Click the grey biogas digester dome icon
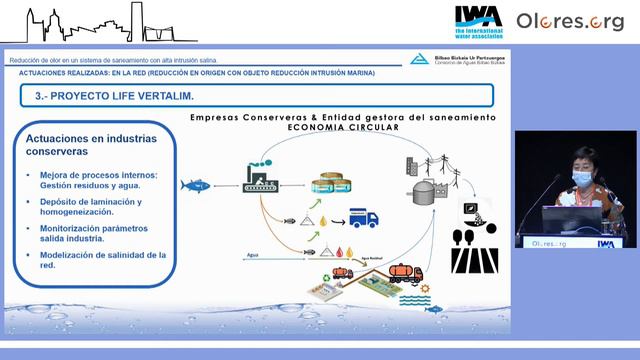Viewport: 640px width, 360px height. pos(420,190)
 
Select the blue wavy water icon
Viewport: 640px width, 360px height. pos(414,299)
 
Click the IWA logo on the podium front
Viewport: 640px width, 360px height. pos(606,243)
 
